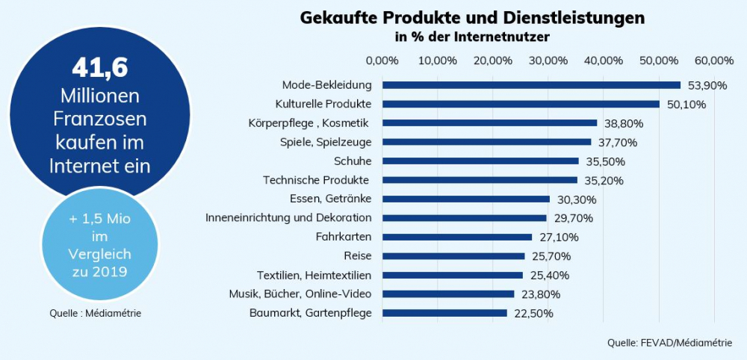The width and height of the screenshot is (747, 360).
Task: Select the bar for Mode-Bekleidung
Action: pyautogui.click(x=531, y=85)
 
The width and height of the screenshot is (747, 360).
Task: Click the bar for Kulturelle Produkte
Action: pyautogui.click(x=521, y=104)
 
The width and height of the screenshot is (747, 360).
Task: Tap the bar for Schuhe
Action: pyautogui.click(x=480, y=161)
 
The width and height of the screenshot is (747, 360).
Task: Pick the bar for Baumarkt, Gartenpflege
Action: pyautogui.click(x=444, y=313)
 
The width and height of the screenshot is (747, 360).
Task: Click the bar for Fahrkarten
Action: pyautogui.click(x=457, y=237)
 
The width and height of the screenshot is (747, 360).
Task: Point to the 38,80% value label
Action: pyautogui.click(x=624, y=123)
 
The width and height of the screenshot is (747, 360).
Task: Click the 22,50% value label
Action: pyautogui.click(x=533, y=314)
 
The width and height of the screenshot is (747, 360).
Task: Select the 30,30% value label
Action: pyautogui.click(x=576, y=199)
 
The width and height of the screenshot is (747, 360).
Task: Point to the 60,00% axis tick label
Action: pyautogui.click(x=713, y=60)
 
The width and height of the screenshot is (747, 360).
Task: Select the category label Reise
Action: pyautogui.click(x=358, y=256)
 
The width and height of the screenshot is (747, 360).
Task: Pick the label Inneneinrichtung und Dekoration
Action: pyautogui.click(x=288, y=218)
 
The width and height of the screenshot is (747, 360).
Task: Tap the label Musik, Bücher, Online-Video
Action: pyautogui.click(x=300, y=294)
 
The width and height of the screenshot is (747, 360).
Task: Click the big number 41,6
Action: pyautogui.click(x=100, y=69)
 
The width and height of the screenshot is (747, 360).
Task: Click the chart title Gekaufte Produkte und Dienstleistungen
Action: pyautogui.click(x=472, y=18)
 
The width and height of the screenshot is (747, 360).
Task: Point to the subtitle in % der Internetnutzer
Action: pyautogui.click(x=472, y=36)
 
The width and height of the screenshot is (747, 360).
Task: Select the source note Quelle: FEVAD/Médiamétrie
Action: pyautogui.click(x=671, y=343)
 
